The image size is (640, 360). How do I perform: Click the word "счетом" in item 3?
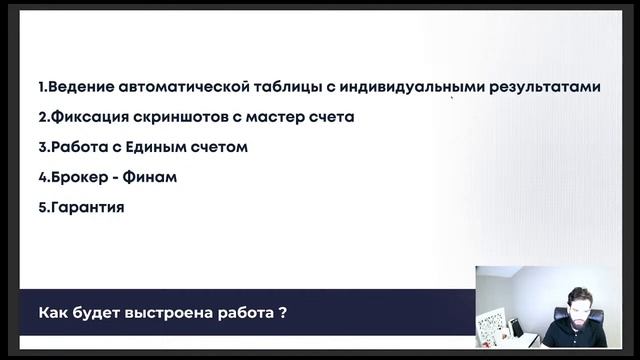click(224, 147)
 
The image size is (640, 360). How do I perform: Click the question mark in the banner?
click(284, 311)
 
